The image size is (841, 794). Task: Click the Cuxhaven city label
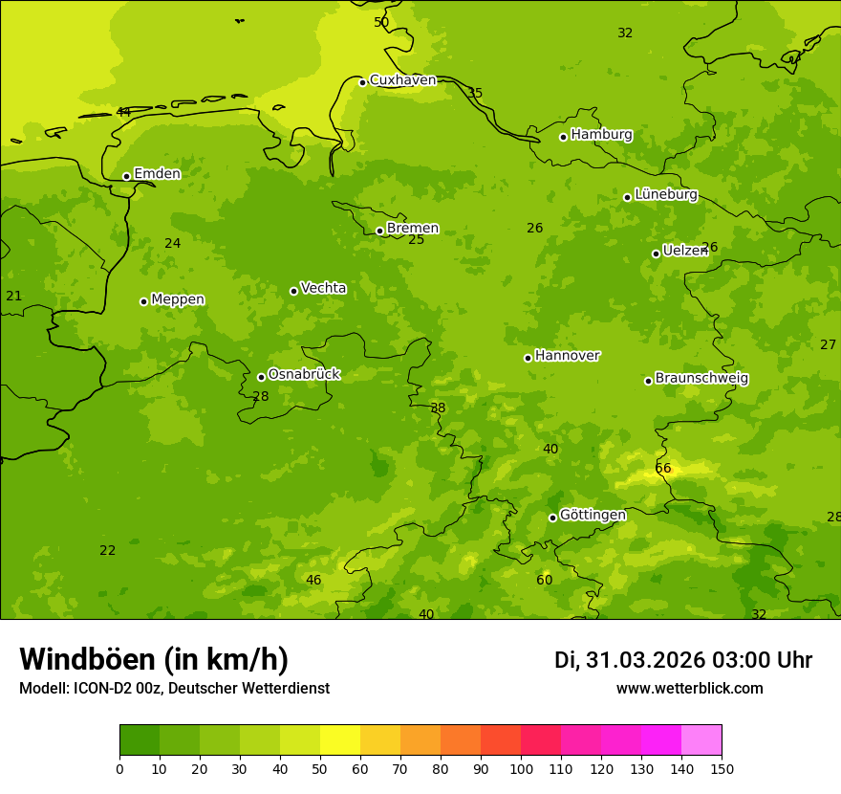click(x=402, y=80)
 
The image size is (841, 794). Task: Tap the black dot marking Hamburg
click(x=563, y=137)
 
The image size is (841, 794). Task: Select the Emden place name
click(x=157, y=174)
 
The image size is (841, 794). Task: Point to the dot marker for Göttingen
click(x=552, y=518)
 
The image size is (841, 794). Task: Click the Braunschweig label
click(x=701, y=379)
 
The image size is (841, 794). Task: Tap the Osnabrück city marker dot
click(x=261, y=377)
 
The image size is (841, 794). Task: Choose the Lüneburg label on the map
click(x=665, y=194)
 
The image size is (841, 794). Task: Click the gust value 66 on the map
click(x=663, y=469)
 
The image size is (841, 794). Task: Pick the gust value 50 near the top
click(x=381, y=22)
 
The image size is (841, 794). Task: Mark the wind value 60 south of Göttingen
click(x=544, y=580)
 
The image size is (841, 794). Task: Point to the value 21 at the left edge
click(x=13, y=297)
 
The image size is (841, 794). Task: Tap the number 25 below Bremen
click(x=417, y=240)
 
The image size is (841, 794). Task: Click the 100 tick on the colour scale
click(x=521, y=768)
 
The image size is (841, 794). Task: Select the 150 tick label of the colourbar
click(x=722, y=768)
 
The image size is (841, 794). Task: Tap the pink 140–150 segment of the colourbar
click(x=701, y=740)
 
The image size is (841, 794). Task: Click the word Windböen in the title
click(x=87, y=659)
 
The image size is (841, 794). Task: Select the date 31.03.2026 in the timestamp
click(x=645, y=660)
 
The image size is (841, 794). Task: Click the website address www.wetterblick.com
click(x=689, y=689)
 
